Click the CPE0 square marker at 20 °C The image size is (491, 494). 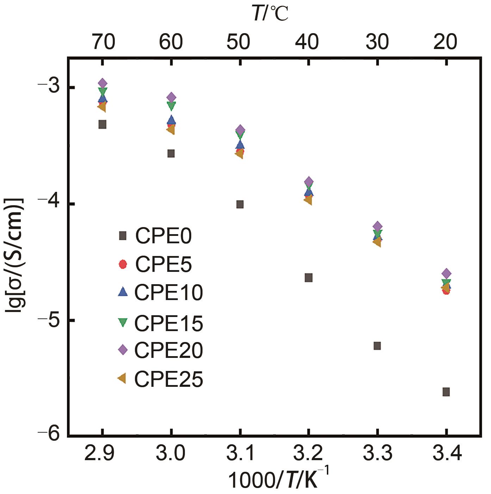coord(446,392)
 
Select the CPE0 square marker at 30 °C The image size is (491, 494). coord(377,346)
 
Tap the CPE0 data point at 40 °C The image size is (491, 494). coord(309,278)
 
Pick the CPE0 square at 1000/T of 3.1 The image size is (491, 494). coord(240,204)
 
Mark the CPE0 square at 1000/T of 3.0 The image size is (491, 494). coord(171,153)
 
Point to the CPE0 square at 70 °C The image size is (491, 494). coord(102,124)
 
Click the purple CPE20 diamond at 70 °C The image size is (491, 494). coord(102,83)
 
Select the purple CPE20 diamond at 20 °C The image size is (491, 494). coord(446,274)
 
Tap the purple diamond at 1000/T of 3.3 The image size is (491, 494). coord(377,226)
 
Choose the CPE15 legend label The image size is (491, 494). coord(169,323)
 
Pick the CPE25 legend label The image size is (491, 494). coord(169,379)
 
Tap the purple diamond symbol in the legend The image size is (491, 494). coord(123,350)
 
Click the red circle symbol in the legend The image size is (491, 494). coord(123,264)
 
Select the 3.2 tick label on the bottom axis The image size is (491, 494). coord(309,453)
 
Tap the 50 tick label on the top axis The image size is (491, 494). coord(238,42)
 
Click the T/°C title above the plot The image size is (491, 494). coord(271,14)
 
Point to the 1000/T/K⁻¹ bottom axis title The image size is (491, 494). coord(278,480)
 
